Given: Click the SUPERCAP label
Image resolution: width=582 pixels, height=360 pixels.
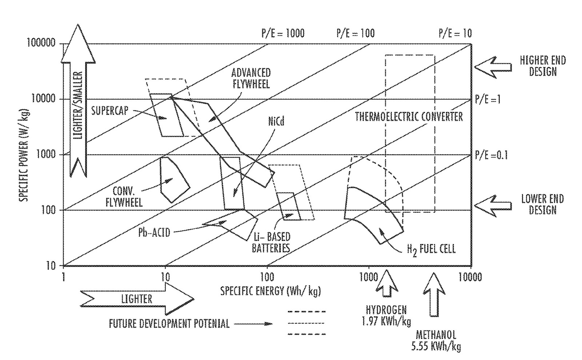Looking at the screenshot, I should (110, 110).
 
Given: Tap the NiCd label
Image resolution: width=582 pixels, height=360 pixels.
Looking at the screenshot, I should (276, 121).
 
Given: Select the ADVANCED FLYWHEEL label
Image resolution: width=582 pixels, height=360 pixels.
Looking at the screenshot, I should (251, 78).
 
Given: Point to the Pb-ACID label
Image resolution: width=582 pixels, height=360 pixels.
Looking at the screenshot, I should (154, 232).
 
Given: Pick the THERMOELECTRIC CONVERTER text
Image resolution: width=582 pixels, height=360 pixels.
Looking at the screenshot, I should (409, 116).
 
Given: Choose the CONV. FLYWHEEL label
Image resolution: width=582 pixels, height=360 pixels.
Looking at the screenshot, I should (124, 197).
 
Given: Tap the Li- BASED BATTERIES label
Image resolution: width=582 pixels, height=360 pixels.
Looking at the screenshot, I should (272, 243).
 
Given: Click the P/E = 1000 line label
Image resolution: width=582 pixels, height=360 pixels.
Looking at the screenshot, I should (283, 33).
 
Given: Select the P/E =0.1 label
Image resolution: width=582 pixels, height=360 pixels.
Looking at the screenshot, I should (491, 155).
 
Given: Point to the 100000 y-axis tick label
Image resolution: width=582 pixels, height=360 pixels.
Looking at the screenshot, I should (41, 43).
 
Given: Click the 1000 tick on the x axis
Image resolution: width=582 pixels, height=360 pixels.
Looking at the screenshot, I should (369, 277).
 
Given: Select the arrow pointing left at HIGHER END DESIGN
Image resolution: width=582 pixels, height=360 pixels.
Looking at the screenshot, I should (493, 67).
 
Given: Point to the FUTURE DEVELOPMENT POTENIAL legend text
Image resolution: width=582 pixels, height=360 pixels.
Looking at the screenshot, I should (169, 323).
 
